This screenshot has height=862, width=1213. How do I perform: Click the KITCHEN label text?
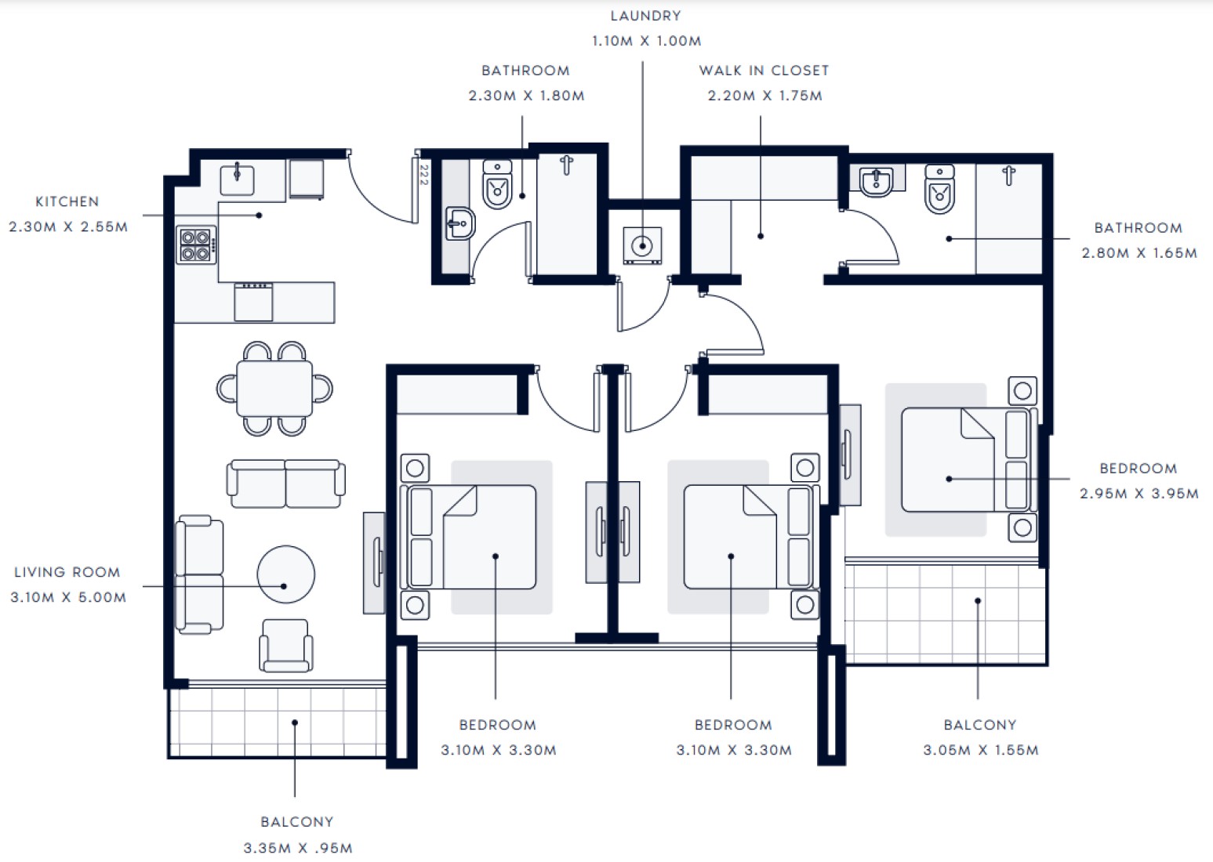[67, 201]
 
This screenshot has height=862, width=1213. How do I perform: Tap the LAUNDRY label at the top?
[645, 16]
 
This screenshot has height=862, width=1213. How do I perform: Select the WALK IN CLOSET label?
[764, 71]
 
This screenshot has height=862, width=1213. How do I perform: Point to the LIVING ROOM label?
[67, 572]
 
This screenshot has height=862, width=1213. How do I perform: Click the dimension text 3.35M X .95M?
[297, 847]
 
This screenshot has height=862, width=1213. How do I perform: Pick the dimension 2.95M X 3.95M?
[1139, 494]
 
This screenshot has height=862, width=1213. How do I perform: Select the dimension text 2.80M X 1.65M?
[1139, 252]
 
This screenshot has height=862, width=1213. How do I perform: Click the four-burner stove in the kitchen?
[196, 245]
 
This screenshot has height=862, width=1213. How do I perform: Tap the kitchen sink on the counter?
[237, 180]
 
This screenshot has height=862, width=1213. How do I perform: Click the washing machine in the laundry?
[642, 245]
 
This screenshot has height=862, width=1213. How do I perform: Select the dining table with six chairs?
[274, 389]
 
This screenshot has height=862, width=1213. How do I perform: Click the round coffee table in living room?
[286, 574]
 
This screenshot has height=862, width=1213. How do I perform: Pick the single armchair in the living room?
[286, 646]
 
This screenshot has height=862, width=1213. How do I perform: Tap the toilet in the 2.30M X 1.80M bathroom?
[497, 184]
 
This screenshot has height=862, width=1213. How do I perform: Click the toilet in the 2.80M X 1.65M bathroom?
[939, 190]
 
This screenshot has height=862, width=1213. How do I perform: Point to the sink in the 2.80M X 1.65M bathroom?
[876, 182]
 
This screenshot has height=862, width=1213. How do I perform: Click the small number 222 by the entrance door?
[423, 175]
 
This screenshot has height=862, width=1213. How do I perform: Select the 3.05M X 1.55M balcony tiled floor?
[946, 614]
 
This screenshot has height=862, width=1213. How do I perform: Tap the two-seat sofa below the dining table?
[286, 484]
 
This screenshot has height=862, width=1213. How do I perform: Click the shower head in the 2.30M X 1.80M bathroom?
[567, 165]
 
